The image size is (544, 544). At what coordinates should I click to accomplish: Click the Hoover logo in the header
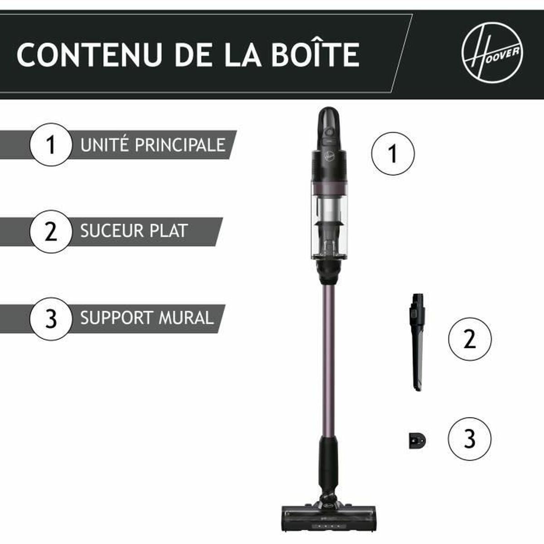[x=493, y=53]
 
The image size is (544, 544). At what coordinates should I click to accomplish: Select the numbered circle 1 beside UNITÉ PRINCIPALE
[x=51, y=145]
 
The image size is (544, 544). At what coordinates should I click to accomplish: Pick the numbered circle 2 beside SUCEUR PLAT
[x=51, y=231]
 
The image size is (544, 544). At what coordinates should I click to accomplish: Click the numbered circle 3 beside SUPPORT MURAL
[x=51, y=319]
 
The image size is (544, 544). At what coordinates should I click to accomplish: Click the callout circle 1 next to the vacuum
[x=393, y=154]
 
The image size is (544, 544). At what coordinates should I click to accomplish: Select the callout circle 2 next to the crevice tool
[x=469, y=339]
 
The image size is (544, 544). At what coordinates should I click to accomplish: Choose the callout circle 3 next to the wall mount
[x=469, y=439]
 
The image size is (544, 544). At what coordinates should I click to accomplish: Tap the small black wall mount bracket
[x=417, y=440]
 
